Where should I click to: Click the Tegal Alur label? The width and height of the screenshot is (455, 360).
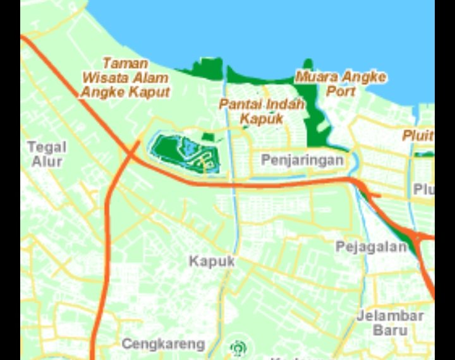click(47, 154)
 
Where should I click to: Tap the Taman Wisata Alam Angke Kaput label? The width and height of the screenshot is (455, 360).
click(126, 78)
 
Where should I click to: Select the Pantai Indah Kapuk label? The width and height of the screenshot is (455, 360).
click(262, 111)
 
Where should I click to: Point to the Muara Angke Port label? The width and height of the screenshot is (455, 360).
click(341, 83)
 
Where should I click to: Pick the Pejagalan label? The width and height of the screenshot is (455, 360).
click(371, 246)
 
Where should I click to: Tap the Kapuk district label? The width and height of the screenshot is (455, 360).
click(212, 260)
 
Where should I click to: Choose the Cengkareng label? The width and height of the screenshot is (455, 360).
click(163, 344)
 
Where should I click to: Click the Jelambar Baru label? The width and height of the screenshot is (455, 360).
click(389, 322)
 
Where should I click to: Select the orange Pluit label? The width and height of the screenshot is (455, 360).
click(418, 135)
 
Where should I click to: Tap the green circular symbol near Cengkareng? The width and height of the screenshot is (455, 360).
click(238, 347)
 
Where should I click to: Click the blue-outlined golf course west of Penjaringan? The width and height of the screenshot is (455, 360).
click(185, 152)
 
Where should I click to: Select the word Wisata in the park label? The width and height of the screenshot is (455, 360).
click(104, 78)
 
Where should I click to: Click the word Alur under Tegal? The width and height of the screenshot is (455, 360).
click(47, 162)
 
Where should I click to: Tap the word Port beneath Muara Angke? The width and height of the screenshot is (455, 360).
click(341, 91)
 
